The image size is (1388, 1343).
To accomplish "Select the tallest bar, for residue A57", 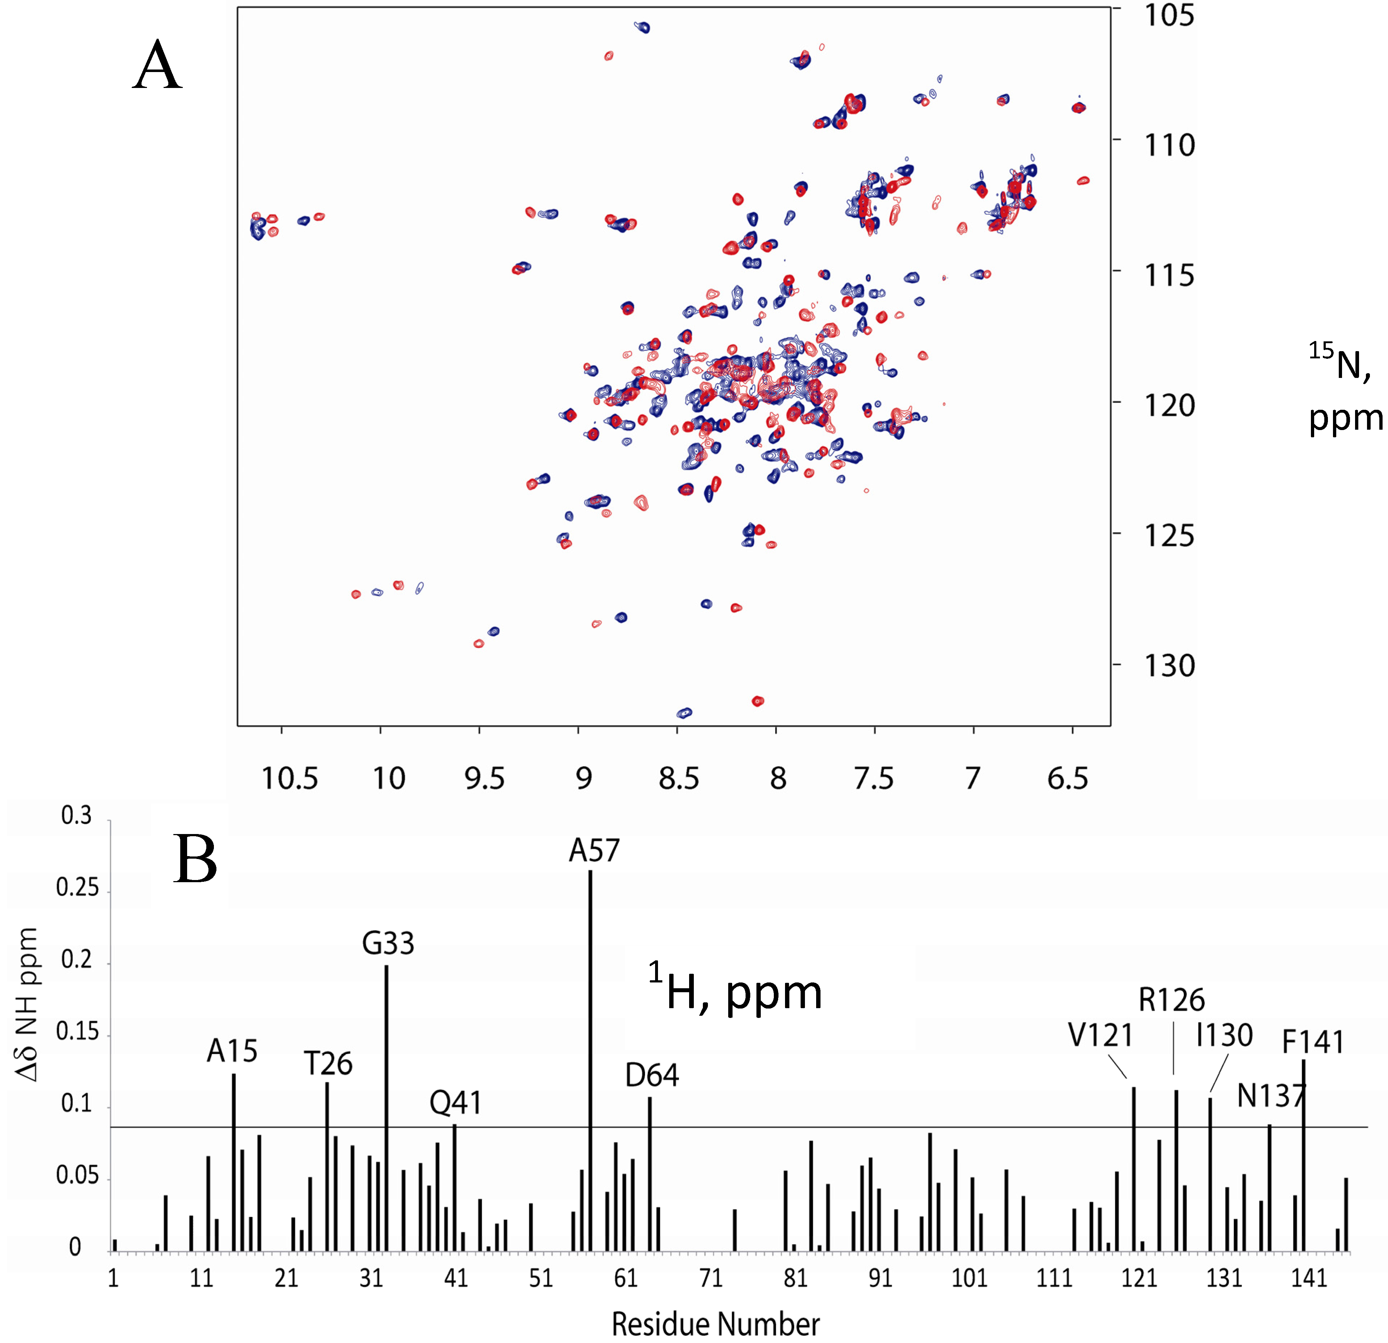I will tap(590, 1062).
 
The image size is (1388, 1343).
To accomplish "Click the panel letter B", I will tap(195, 859).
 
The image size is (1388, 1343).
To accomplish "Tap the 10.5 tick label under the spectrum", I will tap(290, 778).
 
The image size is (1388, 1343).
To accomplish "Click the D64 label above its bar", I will tap(651, 1075).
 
